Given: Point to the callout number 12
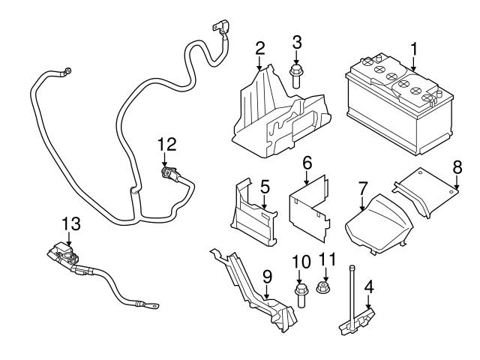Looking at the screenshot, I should tap(167, 142).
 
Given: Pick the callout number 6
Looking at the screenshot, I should tap(306, 162).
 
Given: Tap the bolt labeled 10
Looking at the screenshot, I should tap(301, 296).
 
